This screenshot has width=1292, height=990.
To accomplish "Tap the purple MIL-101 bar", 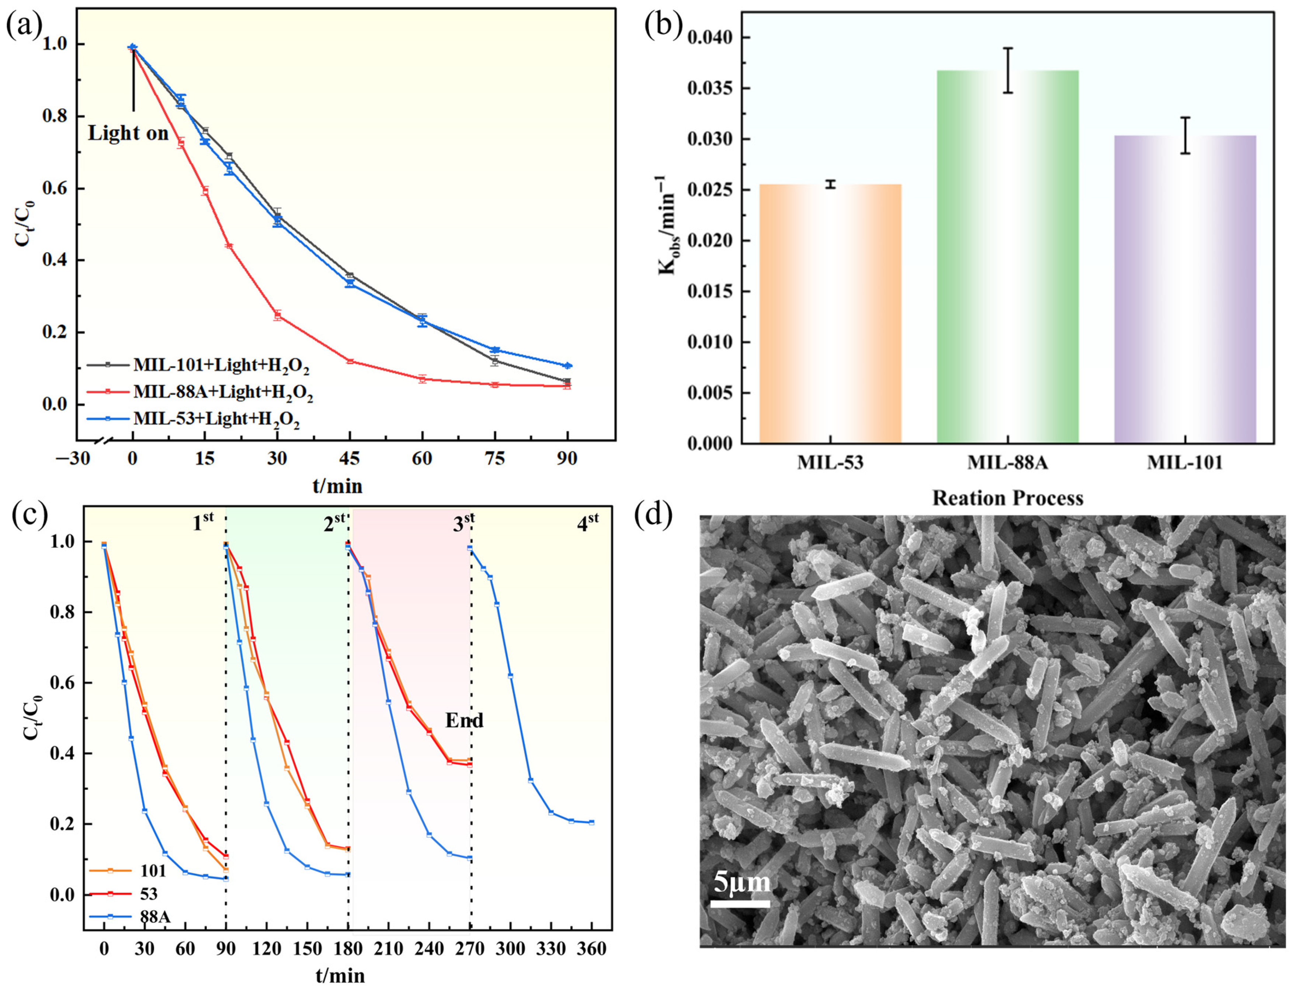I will tap(1185, 289).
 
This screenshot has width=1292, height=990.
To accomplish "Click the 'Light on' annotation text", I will tap(128, 134).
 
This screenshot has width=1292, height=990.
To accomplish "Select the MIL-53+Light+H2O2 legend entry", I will tap(216, 419).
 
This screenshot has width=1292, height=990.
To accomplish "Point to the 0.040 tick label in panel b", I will tap(710, 38).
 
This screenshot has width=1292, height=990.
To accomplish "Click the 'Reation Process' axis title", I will tap(1007, 499).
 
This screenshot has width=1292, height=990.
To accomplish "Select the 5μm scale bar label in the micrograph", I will tap(741, 882).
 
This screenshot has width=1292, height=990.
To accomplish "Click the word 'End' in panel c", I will tap(464, 720).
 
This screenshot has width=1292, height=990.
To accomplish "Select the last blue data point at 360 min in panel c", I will tap(591, 822).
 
